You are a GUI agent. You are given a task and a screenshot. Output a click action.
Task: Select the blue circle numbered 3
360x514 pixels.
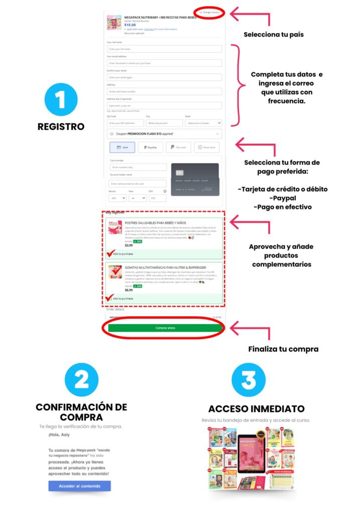tap(249, 380)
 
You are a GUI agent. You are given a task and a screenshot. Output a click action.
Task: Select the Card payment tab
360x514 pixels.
tap(122, 148)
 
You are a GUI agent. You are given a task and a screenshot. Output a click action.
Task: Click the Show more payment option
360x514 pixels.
tap(206, 148)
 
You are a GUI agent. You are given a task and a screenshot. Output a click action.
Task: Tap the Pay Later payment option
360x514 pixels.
tap(178, 148)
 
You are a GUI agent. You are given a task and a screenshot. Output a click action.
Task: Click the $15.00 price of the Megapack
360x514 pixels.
tap(130, 25)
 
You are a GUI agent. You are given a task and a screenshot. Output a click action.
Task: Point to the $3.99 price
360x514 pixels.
tap(129, 245)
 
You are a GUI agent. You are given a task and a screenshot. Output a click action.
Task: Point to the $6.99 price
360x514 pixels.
tap(129, 290)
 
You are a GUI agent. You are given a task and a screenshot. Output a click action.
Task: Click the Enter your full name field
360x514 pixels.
tap(165, 49)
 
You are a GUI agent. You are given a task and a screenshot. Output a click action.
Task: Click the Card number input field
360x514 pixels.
tap(139, 167)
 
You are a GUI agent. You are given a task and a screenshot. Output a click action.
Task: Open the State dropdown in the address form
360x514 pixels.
tap(203, 122)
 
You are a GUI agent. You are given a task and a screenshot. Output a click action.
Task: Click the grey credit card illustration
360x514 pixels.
tap(194, 179)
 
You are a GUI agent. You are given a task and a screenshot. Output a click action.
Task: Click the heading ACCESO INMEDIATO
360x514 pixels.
tap(256, 409)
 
